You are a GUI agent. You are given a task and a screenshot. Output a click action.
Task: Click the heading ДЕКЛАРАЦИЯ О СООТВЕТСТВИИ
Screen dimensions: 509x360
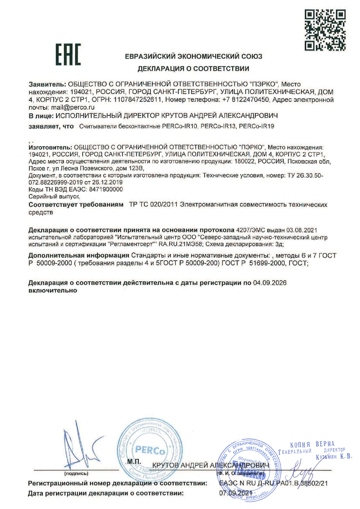pyautogui.click(x=193, y=69)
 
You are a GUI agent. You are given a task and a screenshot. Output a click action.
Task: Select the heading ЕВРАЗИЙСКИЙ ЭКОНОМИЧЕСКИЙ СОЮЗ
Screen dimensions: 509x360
pyautogui.click(x=193, y=57)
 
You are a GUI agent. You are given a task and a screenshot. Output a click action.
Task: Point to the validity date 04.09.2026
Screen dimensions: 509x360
pyautogui.click(x=269, y=283)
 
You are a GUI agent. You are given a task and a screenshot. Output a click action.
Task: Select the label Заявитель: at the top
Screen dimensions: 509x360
pyautogui.click(x=47, y=84)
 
